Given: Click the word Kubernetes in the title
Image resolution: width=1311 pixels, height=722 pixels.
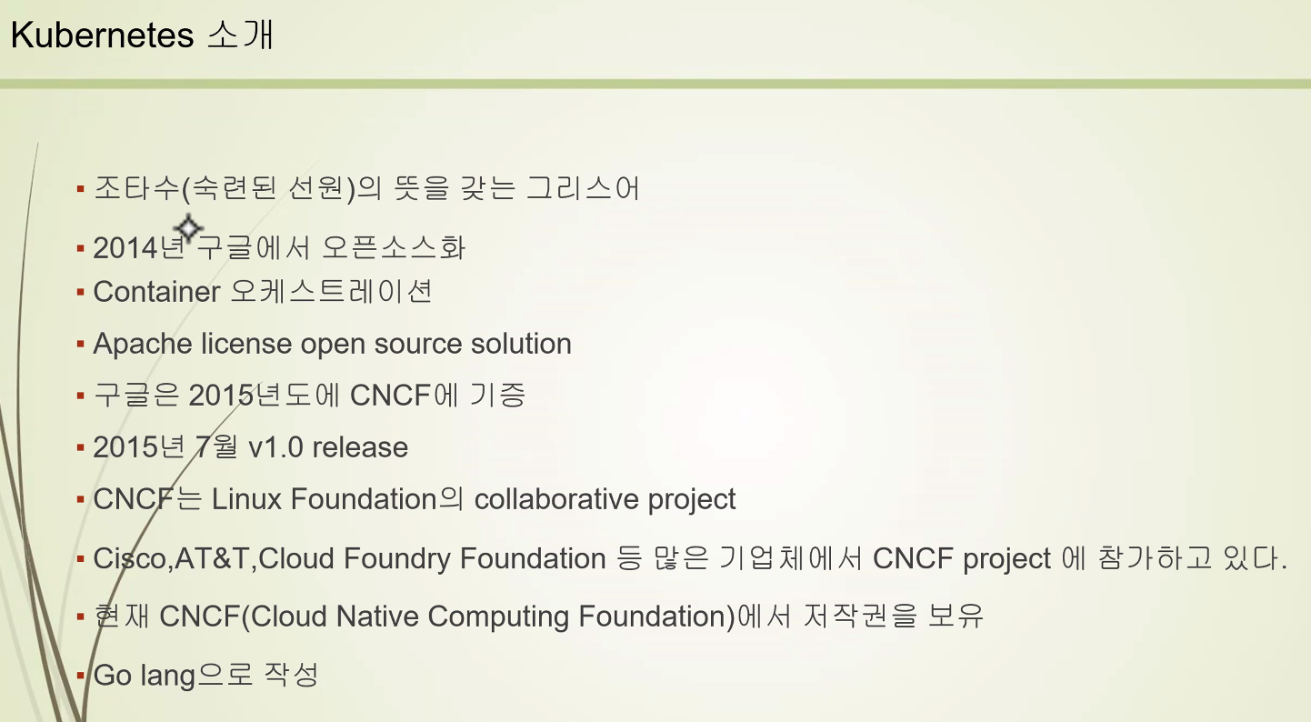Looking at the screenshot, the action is point(102,35).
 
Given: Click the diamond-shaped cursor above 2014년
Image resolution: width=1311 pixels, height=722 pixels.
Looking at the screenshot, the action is point(188,227).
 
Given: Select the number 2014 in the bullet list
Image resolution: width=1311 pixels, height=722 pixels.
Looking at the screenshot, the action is point(125,247).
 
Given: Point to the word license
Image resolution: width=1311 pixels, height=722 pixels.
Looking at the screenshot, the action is point(245,344).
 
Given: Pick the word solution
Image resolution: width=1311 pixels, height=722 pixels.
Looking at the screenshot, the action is point(521,344).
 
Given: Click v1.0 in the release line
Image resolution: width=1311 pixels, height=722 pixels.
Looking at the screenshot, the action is point(275,448).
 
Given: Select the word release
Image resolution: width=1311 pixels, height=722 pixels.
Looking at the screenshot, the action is point(360,448).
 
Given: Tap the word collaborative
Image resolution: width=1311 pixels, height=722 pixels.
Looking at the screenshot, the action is point(556,499).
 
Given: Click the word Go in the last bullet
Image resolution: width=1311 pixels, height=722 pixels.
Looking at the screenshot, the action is point(112,675).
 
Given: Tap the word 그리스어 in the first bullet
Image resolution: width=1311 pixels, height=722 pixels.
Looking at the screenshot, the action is point(583,188).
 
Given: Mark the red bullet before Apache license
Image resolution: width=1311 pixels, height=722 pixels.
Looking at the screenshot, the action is point(81,345).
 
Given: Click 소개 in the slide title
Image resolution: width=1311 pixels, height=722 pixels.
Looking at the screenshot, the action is point(241,35).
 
